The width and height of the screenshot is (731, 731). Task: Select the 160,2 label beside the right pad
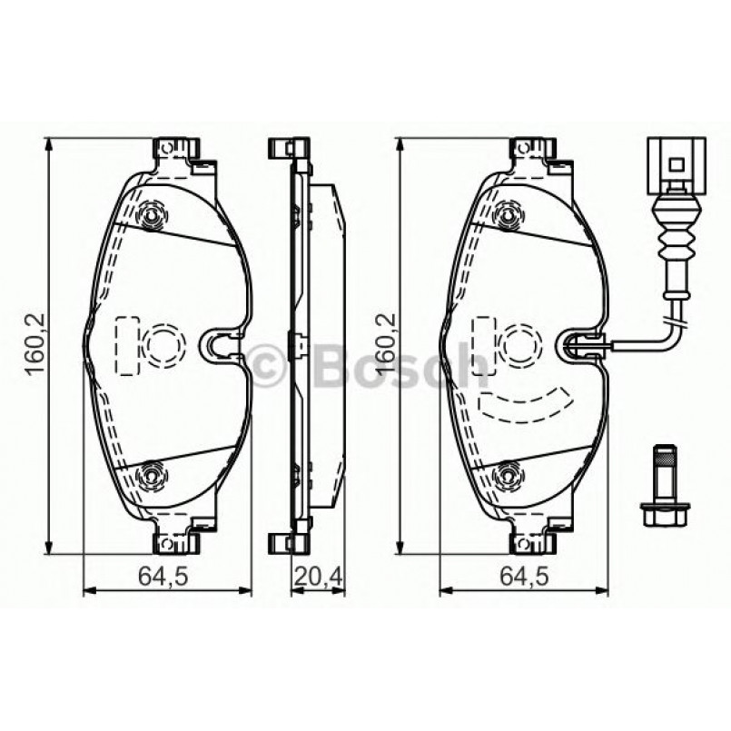pos(385,346)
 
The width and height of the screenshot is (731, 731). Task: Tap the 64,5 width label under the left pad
pos(166,575)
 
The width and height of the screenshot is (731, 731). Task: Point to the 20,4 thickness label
pos(318,575)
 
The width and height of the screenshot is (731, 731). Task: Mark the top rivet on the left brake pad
pos(153,215)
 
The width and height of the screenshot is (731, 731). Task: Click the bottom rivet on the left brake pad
pos(153,473)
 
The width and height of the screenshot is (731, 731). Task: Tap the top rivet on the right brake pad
pos(509,215)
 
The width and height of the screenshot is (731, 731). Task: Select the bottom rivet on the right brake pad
pos(509,473)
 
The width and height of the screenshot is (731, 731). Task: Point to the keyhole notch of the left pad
pos(216,344)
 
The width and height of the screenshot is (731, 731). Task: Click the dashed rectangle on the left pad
pos(126,345)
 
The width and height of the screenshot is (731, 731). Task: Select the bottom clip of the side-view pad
pos(288,542)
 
